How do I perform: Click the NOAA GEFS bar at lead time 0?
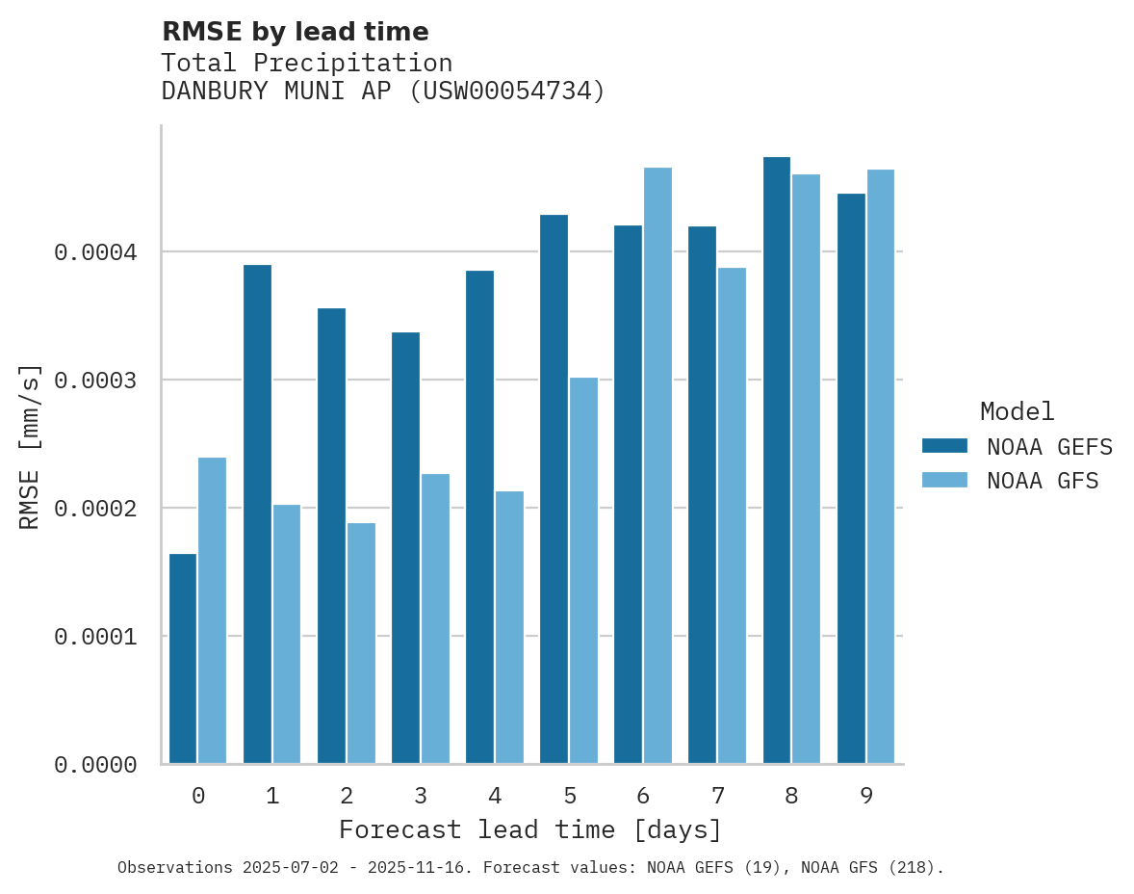click(183, 659)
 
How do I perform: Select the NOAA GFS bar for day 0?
click(213, 611)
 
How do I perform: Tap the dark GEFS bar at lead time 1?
click(257, 514)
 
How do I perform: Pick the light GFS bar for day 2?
click(361, 644)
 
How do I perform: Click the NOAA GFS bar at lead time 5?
click(583, 570)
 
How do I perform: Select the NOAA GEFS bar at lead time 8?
click(777, 460)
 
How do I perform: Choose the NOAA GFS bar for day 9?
click(881, 466)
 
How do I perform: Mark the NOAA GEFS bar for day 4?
click(479, 517)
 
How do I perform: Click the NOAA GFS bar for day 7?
click(732, 515)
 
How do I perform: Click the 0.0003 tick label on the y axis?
click(95, 381)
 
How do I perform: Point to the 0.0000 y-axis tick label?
click(95, 765)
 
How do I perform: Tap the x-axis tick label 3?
click(421, 797)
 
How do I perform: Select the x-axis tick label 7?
click(718, 797)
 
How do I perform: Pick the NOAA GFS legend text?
click(1043, 481)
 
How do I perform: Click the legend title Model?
click(1017, 412)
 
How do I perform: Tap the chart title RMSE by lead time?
click(295, 32)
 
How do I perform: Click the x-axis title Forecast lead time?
click(529, 830)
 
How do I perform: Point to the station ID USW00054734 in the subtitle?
click(507, 92)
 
